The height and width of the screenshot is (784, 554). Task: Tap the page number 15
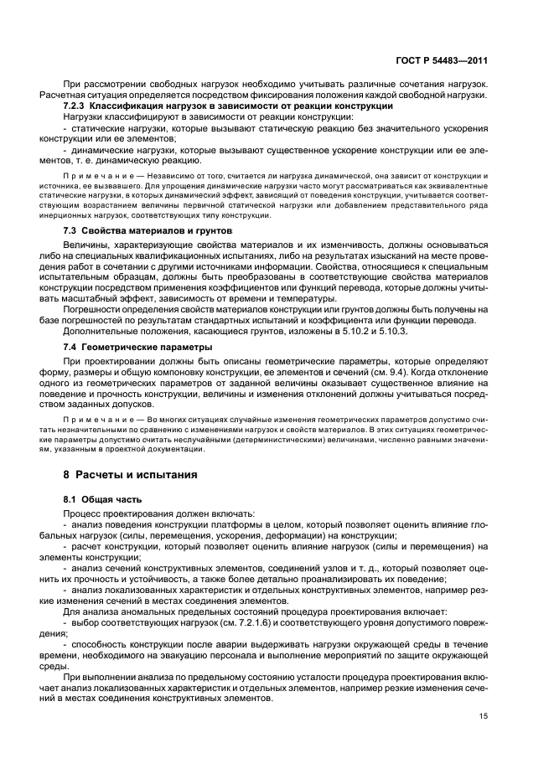coord(484,716)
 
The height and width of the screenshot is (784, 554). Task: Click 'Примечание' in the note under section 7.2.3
coord(90,178)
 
